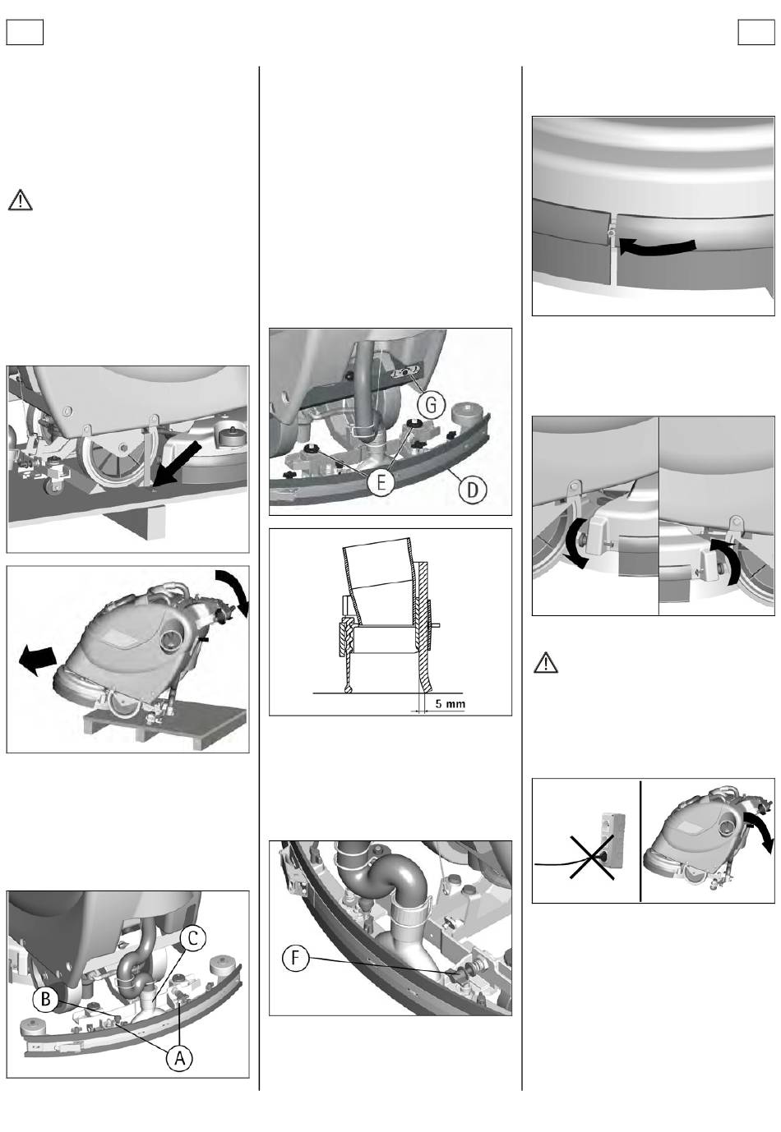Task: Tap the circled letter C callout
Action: coord(192,938)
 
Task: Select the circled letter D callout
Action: coord(473,489)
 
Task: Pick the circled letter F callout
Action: coord(295,958)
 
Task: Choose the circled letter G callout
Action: coord(432,404)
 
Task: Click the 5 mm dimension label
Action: coord(451,703)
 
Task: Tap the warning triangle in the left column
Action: coord(21,200)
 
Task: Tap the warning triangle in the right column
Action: coord(546,662)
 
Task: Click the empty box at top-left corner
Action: coord(25,32)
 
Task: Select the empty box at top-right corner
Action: coord(756,32)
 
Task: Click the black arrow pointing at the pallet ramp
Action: coord(177,462)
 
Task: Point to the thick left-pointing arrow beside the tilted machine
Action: coord(38,660)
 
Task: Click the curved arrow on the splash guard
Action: coord(657,247)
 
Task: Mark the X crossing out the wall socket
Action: coord(592,857)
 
